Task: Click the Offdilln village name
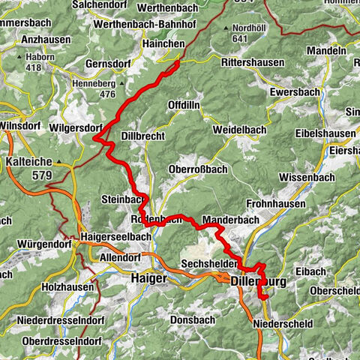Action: click(184, 104)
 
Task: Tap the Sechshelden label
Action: click(209, 265)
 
